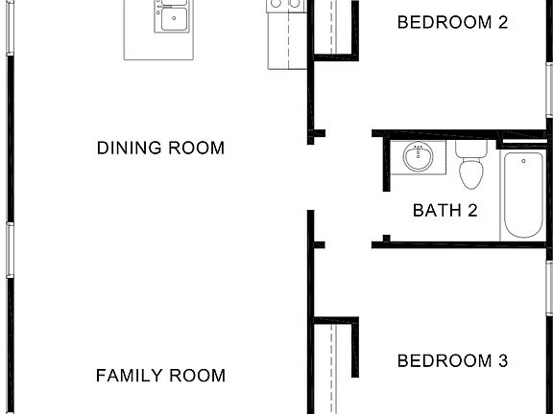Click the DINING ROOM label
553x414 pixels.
click(161, 149)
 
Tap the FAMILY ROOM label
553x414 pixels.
click(161, 376)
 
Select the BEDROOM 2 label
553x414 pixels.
click(452, 22)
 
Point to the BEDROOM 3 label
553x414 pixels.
click(452, 361)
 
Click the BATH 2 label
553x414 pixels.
click(445, 211)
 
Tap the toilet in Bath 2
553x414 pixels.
click(470, 173)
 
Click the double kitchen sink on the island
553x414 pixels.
click(173, 16)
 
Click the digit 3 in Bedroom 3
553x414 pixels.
click(502, 361)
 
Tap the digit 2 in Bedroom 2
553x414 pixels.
click(502, 22)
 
